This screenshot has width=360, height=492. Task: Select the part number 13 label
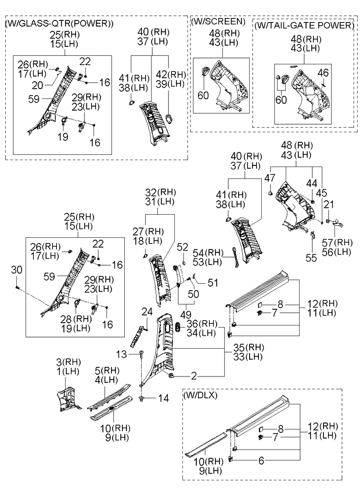click(x=120, y=353)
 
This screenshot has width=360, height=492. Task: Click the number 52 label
click(x=182, y=247)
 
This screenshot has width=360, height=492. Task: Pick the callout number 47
click(x=269, y=178)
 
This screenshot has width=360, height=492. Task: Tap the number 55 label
click(x=312, y=255)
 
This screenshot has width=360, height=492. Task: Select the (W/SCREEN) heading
click(x=217, y=21)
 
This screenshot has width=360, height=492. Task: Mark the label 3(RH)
click(x=69, y=361)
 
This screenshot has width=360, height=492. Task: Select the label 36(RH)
click(x=205, y=323)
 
